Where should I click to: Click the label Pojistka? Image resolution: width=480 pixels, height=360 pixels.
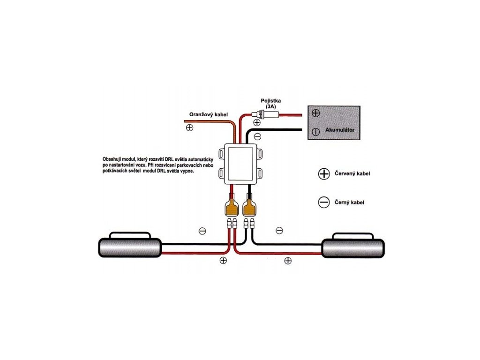[x=270, y=100]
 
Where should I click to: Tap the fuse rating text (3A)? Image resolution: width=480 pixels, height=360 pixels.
[x=270, y=106]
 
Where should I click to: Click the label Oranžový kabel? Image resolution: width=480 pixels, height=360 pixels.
[x=209, y=115]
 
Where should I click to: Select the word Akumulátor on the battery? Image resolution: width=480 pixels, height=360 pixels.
[x=340, y=130]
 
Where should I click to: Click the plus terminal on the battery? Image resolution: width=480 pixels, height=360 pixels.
[x=315, y=113]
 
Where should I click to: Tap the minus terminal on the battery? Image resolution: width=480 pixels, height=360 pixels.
[x=315, y=132]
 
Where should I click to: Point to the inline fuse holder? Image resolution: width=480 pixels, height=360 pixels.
[x=265, y=115]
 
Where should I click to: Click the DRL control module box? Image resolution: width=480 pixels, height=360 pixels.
[x=240, y=164]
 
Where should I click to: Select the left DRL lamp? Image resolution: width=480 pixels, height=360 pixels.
[x=129, y=246]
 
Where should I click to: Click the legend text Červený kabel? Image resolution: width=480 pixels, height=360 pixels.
[x=352, y=173]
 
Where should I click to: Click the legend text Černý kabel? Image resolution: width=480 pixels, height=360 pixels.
[x=349, y=202]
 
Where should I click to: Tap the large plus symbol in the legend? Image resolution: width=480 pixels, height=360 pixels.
[x=324, y=174]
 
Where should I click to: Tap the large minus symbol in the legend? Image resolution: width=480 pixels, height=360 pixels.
[x=324, y=202]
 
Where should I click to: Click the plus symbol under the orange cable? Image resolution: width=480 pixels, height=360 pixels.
[x=189, y=127]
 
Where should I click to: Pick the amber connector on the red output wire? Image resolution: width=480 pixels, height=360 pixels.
[x=232, y=207]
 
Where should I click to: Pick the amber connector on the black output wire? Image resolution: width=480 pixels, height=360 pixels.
[x=249, y=207]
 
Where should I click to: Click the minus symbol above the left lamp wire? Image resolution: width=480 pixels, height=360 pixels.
[x=202, y=231]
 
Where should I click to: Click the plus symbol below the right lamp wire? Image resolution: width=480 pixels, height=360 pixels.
[x=288, y=261]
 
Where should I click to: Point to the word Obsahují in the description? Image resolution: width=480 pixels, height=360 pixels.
[x=112, y=159]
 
